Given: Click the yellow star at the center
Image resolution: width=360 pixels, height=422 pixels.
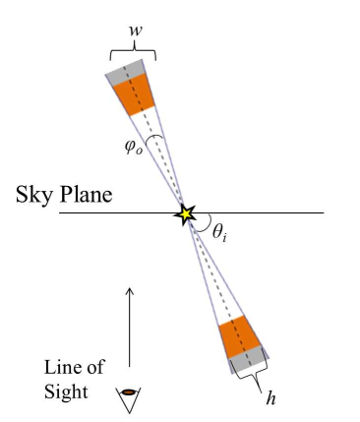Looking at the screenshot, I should (x=184, y=213).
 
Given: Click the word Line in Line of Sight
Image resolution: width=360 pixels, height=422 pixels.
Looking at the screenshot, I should (x=60, y=367).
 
